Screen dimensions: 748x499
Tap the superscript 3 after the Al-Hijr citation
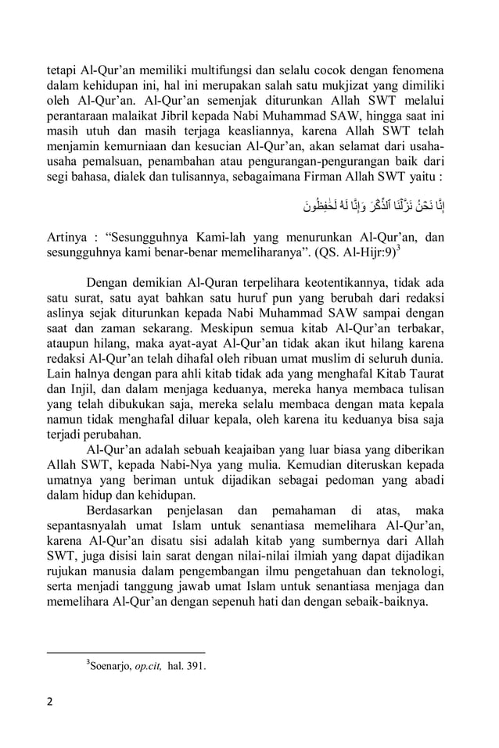[x=400, y=249]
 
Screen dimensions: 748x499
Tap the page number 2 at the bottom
[x=50, y=700]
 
